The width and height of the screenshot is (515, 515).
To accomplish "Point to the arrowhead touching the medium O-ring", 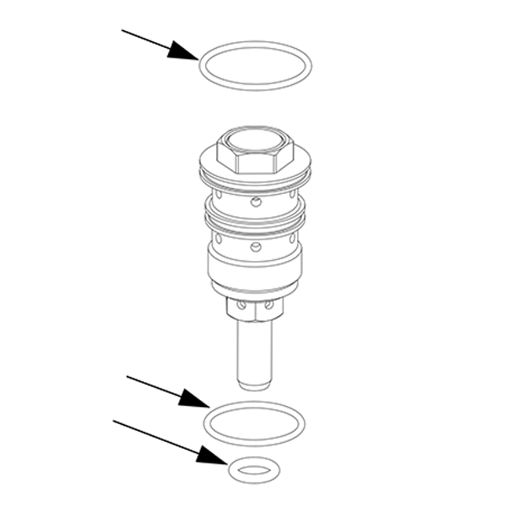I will (192, 398).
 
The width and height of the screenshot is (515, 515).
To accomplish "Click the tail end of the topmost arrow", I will (123, 31).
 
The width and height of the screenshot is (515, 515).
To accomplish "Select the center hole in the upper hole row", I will (255, 203).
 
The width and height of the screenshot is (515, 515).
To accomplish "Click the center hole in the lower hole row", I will (255, 247).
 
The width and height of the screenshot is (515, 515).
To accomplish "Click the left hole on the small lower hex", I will (242, 305).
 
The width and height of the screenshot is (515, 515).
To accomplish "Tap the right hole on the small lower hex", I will (269, 305).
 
